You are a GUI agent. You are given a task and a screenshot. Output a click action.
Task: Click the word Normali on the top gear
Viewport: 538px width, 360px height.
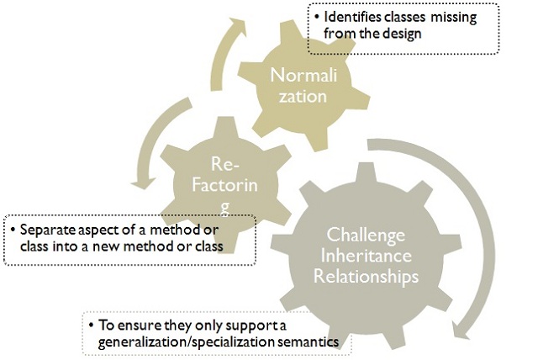pos(303,75)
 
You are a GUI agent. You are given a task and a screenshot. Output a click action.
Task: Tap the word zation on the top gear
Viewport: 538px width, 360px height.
pos(303,96)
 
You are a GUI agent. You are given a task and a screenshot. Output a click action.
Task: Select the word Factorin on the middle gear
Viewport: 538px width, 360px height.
pos(224,185)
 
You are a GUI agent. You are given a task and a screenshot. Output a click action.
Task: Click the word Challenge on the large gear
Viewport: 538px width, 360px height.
pos(366,236)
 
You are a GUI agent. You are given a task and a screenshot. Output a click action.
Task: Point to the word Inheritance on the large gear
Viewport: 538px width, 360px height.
pos(367,256)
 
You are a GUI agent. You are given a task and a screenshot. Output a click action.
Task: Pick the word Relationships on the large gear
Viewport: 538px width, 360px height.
pos(367,276)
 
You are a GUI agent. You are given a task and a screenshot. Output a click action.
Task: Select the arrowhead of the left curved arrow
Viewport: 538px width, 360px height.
pos(144,183)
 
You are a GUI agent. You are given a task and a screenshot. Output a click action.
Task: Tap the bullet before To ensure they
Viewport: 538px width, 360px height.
pos(91,325)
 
